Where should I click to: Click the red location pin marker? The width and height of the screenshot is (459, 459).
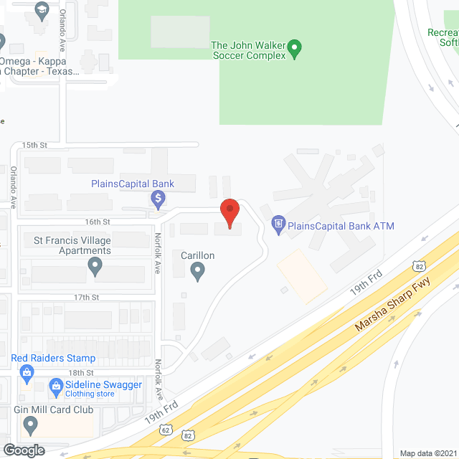[229, 213]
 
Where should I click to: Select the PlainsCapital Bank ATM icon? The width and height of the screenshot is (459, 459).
[278, 226]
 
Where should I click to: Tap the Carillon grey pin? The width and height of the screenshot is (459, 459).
[198, 271]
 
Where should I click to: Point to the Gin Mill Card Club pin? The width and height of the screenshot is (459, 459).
[30, 426]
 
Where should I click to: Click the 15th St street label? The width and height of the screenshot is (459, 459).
[34, 145]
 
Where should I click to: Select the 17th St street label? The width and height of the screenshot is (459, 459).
[85, 297]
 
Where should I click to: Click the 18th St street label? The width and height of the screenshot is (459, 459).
[81, 373]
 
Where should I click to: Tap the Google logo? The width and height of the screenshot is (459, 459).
[23, 450]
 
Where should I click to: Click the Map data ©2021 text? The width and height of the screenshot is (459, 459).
[428, 453]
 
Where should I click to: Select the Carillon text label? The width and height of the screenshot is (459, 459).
[197, 255]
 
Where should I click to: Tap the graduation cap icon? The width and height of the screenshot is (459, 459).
[41, 9]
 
